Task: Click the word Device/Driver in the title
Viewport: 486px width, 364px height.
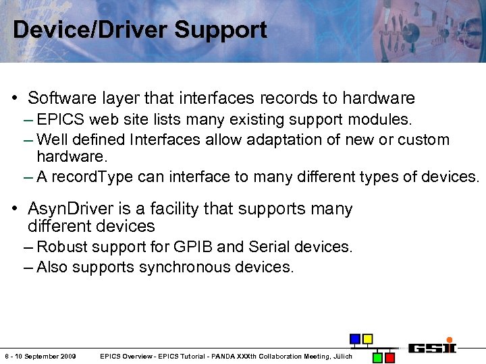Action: point(91,30)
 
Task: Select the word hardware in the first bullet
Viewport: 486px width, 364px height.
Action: point(378,98)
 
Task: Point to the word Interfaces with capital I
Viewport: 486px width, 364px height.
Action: point(166,140)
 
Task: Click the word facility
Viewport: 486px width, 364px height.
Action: point(167,210)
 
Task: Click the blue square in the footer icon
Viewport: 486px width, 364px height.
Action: point(354,338)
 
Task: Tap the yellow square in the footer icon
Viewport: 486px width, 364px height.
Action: point(367,338)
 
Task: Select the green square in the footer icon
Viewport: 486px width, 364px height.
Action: point(378,357)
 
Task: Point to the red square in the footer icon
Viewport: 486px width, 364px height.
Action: point(391,357)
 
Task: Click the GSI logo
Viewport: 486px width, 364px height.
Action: point(432,347)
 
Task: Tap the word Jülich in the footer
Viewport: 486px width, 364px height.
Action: point(342,356)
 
